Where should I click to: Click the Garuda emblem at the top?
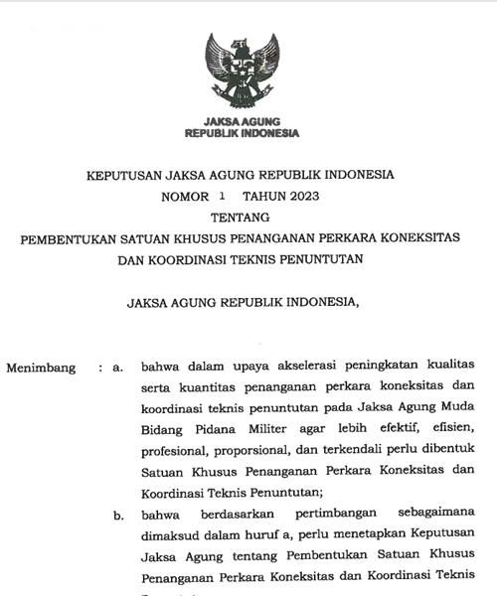241,71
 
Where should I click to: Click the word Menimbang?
41,368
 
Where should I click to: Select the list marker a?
117,368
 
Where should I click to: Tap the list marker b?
117,516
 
